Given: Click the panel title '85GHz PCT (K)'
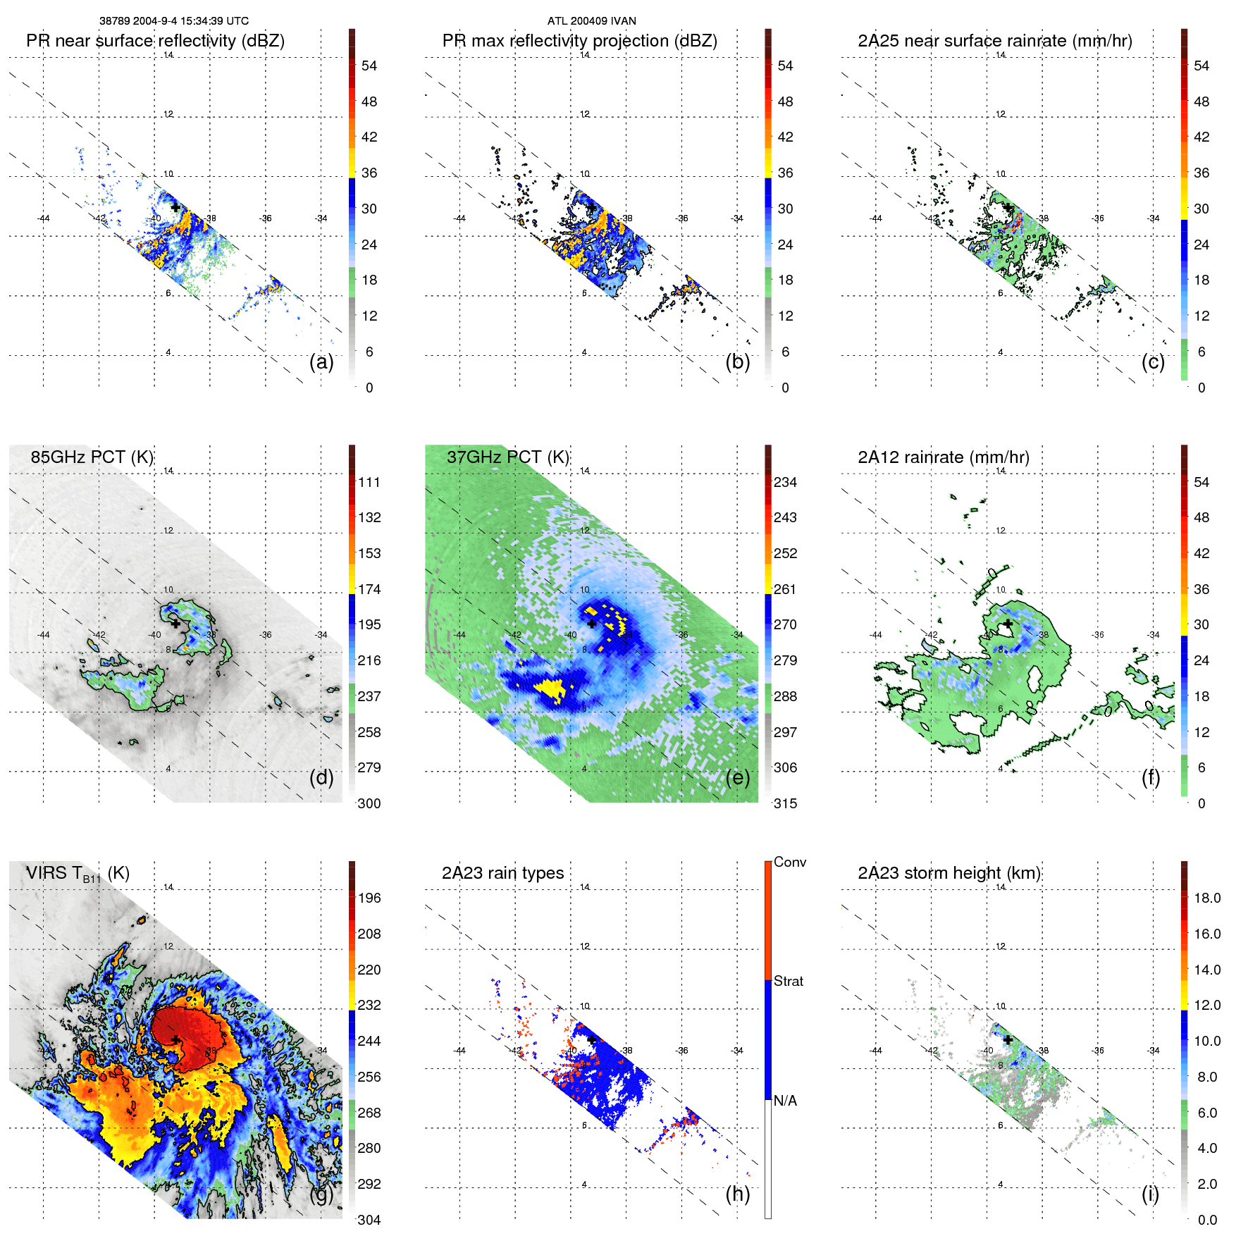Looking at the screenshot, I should click(92, 457).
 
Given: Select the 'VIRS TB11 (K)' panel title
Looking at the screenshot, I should click(78, 874).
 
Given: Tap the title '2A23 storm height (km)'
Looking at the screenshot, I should click(949, 874).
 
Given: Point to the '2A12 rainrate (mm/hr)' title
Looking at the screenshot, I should click(944, 457).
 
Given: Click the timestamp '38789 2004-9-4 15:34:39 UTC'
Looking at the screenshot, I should click(173, 21).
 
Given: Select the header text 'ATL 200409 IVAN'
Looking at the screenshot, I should click(591, 21).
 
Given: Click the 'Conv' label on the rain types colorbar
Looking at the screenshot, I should click(790, 863).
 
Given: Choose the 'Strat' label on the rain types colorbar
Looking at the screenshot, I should click(789, 982).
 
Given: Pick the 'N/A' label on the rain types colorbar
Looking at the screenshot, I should click(786, 1101).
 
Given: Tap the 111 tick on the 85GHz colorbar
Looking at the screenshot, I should click(369, 483).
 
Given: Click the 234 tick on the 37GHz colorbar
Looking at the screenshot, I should click(785, 483).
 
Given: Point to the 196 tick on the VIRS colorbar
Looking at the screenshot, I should click(369, 898).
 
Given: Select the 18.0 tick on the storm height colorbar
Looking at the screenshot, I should click(1207, 898).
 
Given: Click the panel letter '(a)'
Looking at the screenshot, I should click(321, 362).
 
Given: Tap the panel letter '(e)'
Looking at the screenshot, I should click(738, 778).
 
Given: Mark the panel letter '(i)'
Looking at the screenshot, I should click(1150, 1194).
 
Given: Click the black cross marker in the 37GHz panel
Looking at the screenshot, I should click(591, 624).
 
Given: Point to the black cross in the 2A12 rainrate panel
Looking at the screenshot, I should click(1008, 624).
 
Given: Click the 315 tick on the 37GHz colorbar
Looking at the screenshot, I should click(785, 804).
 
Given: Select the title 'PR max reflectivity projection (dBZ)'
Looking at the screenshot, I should click(579, 41).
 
